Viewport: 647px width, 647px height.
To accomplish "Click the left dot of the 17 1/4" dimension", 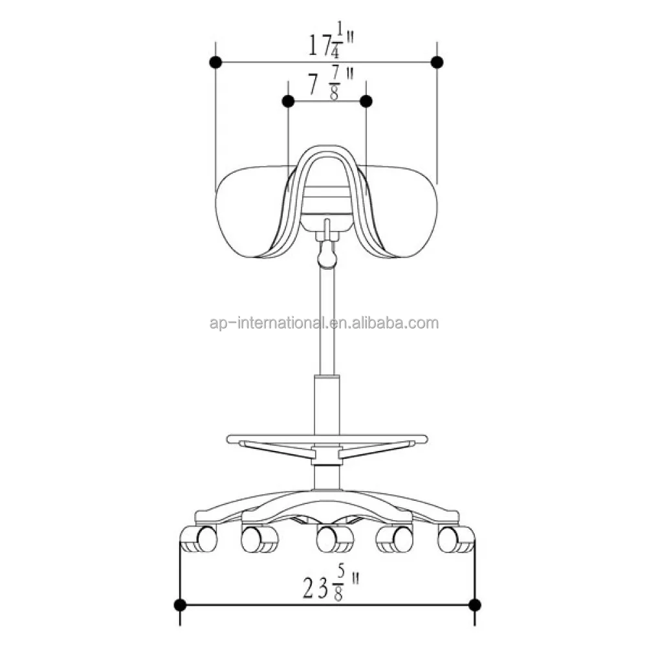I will pyautogui.click(x=216, y=62).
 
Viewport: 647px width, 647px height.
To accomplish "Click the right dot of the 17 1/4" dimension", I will pyautogui.click(x=437, y=62).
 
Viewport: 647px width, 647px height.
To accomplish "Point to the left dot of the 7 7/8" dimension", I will pyautogui.click(x=289, y=101).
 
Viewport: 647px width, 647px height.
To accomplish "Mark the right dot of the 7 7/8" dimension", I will pyautogui.click(x=366, y=101).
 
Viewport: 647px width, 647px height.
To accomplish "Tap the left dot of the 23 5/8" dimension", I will pyautogui.click(x=181, y=605).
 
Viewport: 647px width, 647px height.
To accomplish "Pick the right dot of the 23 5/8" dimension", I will pyautogui.click(x=474, y=605).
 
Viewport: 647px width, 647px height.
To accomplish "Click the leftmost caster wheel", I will pyautogui.click(x=199, y=539).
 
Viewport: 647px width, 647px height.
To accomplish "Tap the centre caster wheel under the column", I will pyautogui.click(x=334, y=539).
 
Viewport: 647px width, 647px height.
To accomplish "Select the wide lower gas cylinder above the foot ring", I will pyautogui.click(x=327, y=404).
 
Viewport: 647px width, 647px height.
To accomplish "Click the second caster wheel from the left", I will pyautogui.click(x=259, y=539).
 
